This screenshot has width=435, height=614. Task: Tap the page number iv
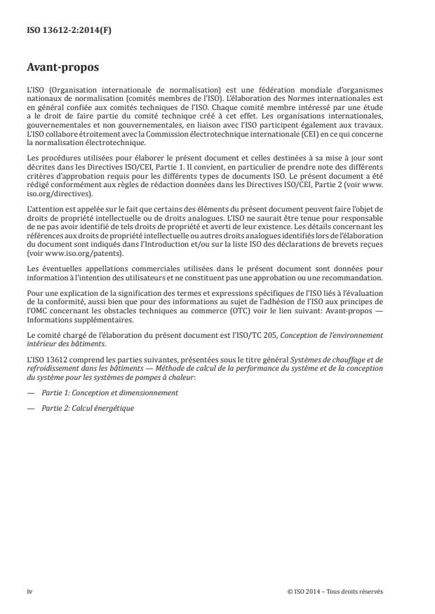[29, 591]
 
